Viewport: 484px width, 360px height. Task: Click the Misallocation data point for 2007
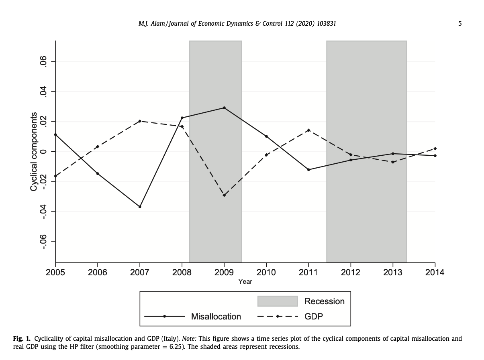tap(140, 207)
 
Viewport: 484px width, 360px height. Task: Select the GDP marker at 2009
tap(224, 195)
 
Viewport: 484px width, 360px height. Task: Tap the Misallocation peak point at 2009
tap(224, 108)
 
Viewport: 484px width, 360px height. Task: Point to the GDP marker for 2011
tap(308, 130)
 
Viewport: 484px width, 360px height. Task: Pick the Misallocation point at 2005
tap(55, 134)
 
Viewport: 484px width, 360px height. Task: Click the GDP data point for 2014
tap(435, 148)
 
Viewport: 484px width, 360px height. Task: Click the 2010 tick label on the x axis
tap(266, 273)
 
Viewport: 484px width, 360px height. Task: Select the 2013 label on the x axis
tap(393, 273)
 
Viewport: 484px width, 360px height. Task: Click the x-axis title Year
tap(245, 282)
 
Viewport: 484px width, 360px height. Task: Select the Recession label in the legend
tap(324, 301)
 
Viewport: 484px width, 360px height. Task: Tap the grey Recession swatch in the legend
tap(277, 301)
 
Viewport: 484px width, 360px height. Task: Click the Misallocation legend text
tap(216, 317)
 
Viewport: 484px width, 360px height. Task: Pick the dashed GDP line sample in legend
tap(277, 317)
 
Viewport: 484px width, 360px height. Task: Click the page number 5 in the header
tap(459, 24)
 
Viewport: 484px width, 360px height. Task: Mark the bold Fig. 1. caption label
tap(22, 338)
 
